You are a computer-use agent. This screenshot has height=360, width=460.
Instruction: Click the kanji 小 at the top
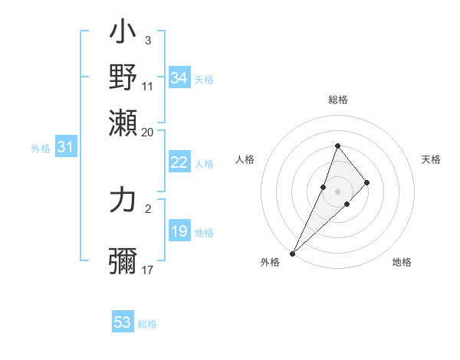pos(123,35)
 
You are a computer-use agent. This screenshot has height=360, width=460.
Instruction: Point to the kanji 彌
pos(123,261)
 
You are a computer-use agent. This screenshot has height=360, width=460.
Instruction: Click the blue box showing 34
pos(179,78)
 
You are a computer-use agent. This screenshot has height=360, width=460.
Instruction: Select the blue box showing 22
pos(179,162)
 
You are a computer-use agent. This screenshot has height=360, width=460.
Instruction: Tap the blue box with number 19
pos(179,231)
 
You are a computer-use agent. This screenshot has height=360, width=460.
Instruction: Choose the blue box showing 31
pos(65,147)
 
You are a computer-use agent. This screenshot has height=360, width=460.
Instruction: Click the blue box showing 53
pos(123,322)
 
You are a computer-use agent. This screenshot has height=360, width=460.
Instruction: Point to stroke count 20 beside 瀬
pos(148,132)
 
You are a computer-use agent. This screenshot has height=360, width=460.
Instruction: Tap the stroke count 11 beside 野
pos(148,86)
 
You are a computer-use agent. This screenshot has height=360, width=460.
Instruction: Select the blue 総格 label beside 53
pos(147,324)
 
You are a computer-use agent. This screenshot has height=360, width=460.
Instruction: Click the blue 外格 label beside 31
pos(41,149)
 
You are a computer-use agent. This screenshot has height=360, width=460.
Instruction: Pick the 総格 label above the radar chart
pos(337,100)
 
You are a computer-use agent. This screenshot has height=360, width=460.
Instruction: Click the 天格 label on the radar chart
pos(432,159)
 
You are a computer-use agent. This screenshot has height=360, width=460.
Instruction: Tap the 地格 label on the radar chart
pos(402,262)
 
